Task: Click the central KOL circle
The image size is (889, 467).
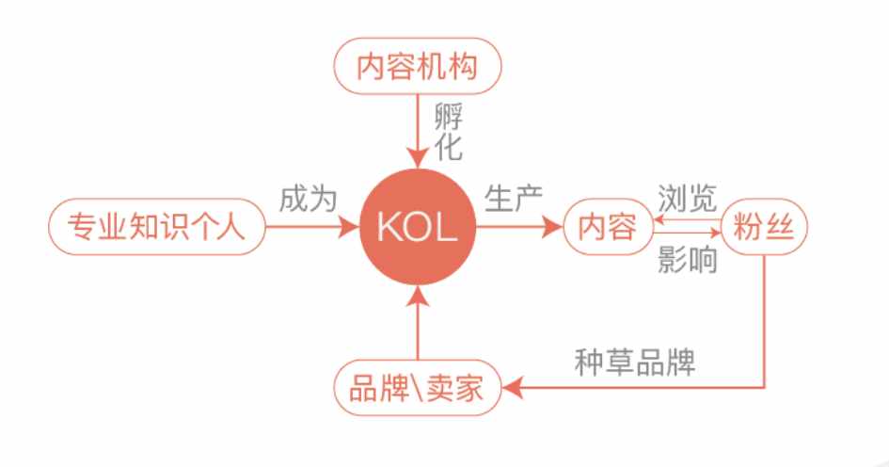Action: click(418, 226)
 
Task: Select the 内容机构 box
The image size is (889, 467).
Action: click(418, 66)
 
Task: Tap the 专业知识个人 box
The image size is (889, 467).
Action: click(156, 226)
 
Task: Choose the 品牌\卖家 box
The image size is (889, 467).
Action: click(418, 388)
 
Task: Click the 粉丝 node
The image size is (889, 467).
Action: click(764, 226)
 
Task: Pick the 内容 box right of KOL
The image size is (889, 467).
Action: click(609, 226)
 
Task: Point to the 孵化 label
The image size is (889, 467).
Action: click(449, 132)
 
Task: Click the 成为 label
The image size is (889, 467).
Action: click(308, 200)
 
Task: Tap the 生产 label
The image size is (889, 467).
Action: click(514, 199)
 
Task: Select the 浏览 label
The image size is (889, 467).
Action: click(687, 199)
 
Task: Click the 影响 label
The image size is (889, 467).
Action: click(687, 260)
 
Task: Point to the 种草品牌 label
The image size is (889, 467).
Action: click(635, 362)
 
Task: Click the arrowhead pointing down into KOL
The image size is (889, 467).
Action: click(418, 157)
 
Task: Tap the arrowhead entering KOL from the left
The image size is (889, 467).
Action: click(349, 227)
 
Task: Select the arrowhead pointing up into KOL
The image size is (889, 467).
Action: click(418, 297)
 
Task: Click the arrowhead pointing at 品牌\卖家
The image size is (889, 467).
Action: click(513, 388)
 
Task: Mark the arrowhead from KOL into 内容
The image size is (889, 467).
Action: click(552, 227)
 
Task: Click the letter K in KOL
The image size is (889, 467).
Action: click(388, 227)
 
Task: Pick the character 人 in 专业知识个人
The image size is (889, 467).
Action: click(230, 226)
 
